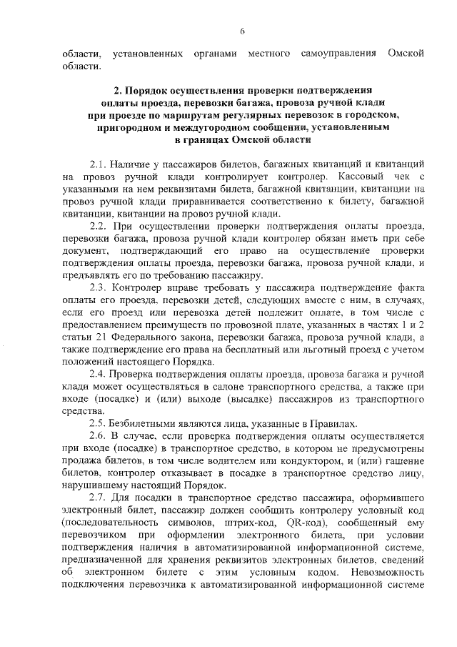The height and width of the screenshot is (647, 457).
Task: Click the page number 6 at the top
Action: click(x=242, y=31)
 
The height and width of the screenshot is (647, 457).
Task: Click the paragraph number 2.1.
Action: click(x=98, y=164)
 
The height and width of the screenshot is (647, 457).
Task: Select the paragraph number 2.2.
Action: click(x=98, y=226)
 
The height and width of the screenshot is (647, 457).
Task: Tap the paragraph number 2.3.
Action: click(x=98, y=288)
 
